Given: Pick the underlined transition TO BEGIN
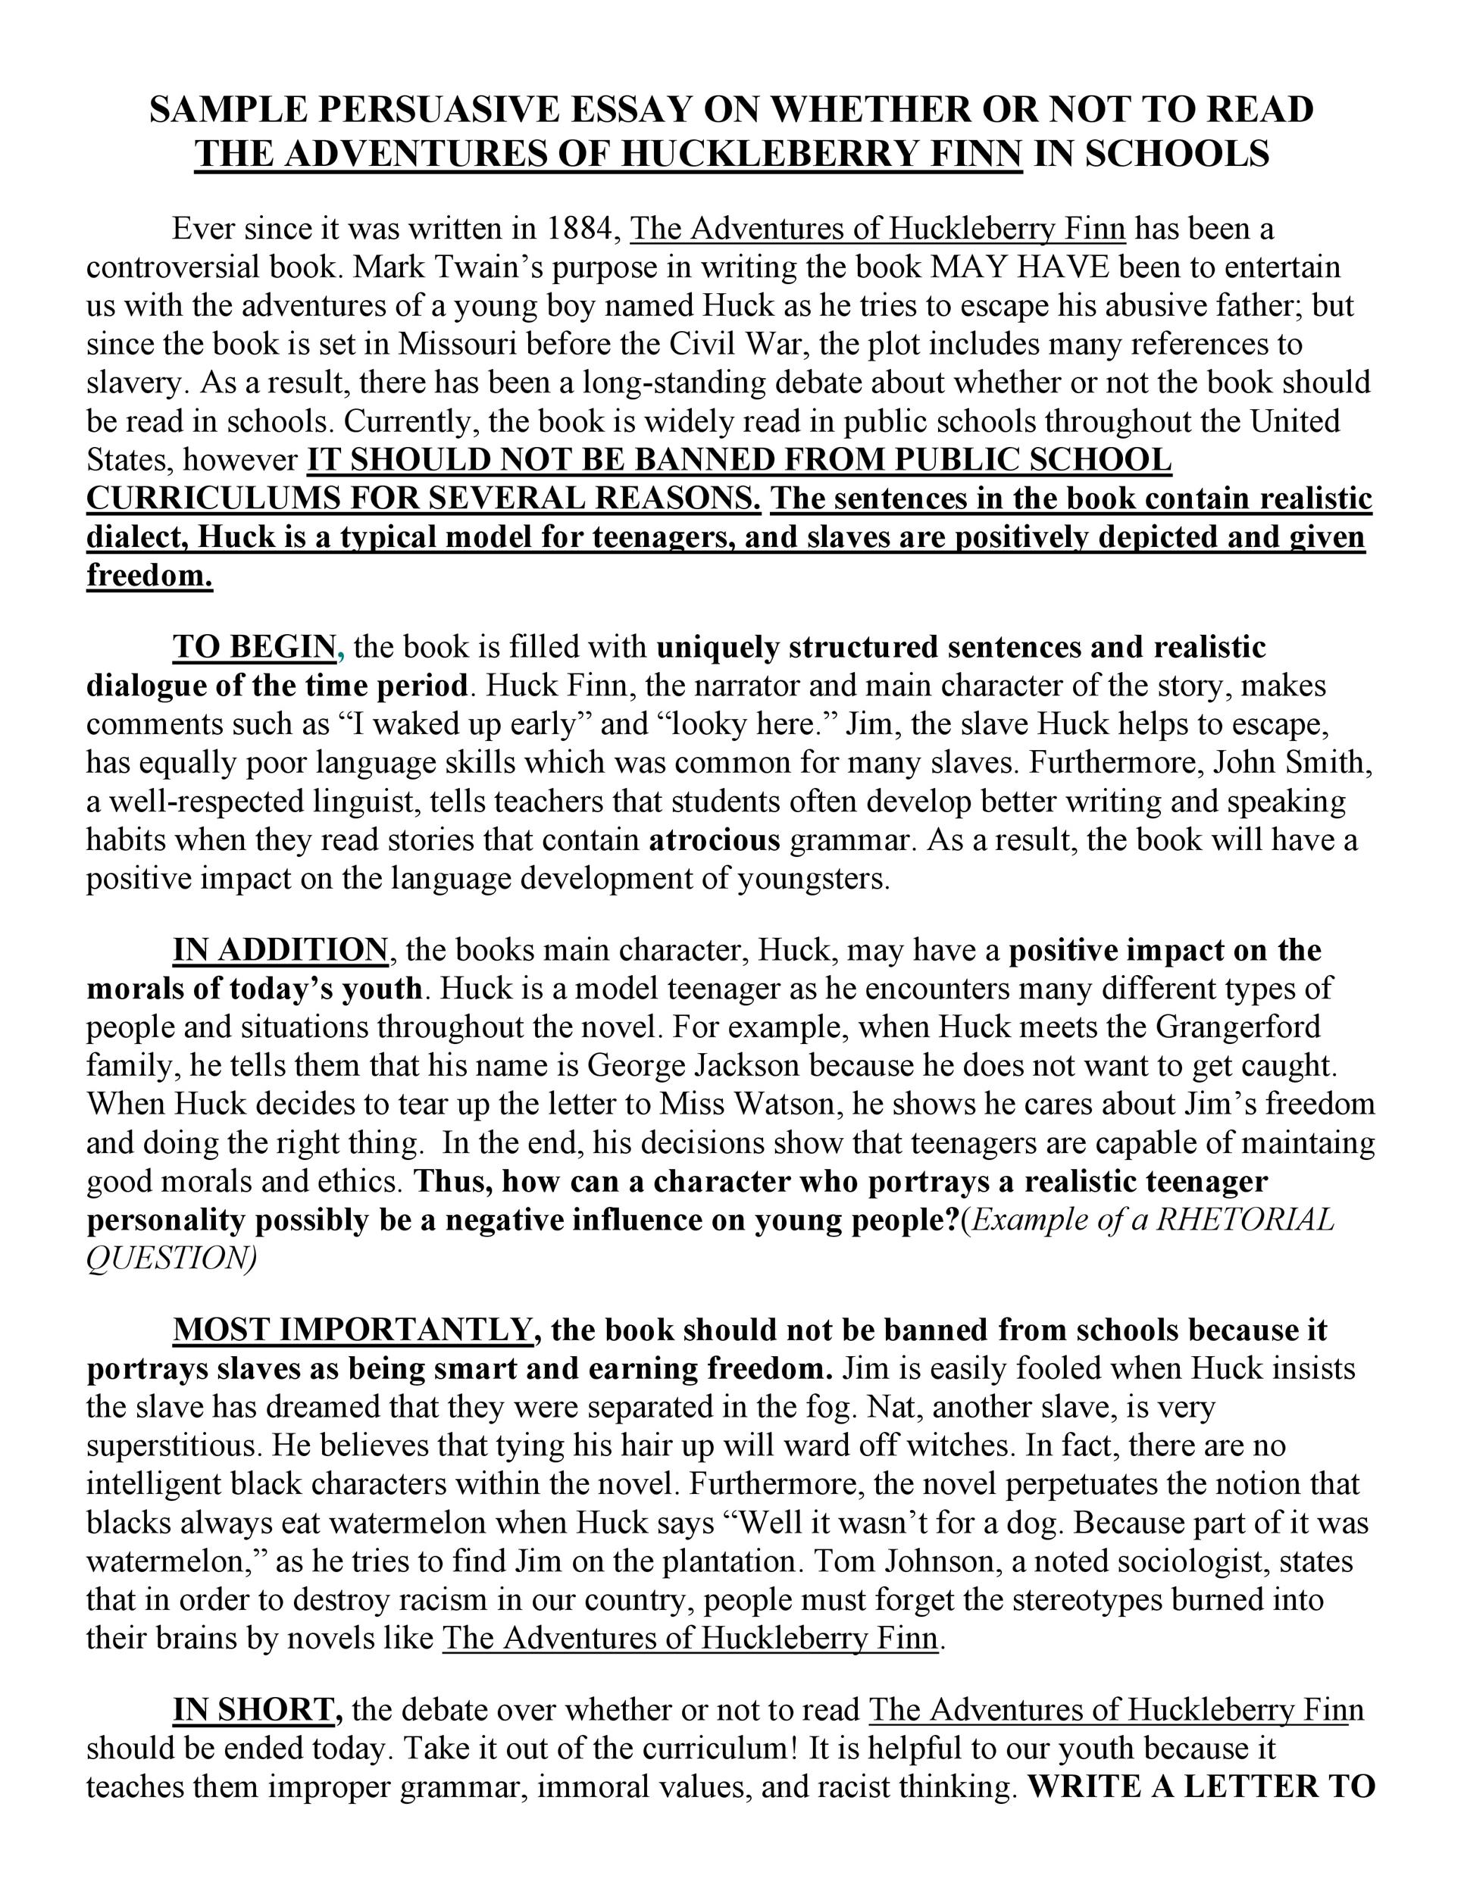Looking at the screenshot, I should coord(254,647).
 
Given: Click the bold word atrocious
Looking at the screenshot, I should coord(715,840).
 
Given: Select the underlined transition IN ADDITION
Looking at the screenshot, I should coord(280,951).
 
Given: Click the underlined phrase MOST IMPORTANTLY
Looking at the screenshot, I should coord(352,1330).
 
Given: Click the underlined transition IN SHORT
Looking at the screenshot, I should coord(253,1710).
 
